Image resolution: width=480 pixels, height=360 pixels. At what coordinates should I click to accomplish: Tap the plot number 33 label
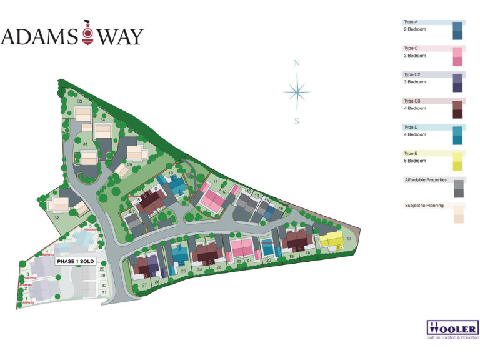79,101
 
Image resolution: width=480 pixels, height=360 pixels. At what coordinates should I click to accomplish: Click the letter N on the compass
297,63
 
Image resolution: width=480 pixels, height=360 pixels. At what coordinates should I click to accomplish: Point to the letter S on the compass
297,121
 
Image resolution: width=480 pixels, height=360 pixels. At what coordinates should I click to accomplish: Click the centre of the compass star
297,92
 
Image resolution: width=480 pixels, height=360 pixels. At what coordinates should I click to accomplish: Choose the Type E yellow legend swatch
457,161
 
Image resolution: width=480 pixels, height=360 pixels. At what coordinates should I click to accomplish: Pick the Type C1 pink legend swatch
457,56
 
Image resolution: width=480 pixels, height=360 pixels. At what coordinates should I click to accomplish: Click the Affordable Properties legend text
426,180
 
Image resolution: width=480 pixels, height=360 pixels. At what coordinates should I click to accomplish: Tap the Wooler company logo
452,329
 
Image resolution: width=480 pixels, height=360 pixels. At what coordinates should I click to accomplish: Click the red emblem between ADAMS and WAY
87,36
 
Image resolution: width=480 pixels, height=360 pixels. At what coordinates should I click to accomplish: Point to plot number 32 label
56,217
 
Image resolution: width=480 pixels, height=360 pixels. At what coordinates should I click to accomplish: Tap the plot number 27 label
144,284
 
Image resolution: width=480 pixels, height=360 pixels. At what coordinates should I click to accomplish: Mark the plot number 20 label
268,259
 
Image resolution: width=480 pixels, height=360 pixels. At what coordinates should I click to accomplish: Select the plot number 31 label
104,292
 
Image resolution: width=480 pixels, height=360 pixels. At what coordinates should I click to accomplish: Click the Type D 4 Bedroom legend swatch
457,135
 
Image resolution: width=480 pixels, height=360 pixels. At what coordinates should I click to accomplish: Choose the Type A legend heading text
411,22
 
